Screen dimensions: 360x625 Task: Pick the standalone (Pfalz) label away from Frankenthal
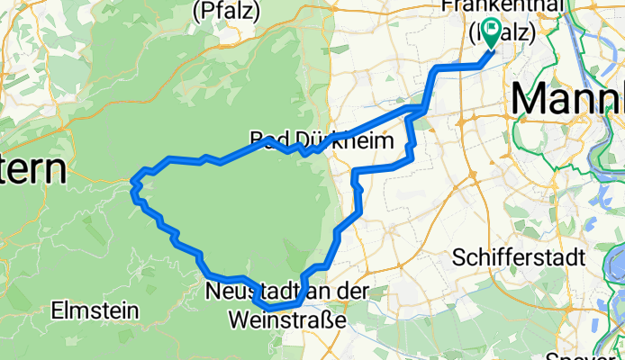(227, 11)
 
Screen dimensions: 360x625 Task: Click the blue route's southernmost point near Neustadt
(270, 310)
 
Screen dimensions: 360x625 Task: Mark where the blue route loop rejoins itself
(418, 110)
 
